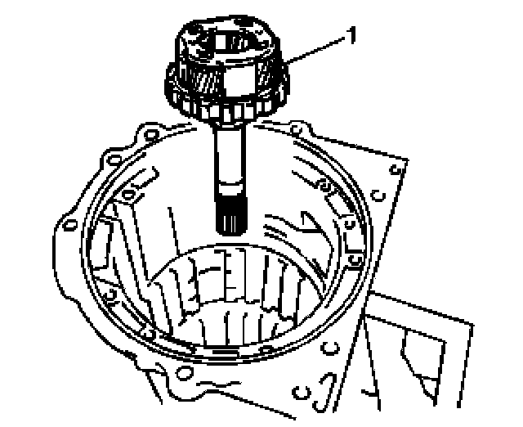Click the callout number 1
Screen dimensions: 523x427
(351, 35)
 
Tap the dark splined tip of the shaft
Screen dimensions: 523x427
(232, 216)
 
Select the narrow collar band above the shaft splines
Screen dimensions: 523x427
(230, 190)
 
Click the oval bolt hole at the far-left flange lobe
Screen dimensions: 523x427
(70, 225)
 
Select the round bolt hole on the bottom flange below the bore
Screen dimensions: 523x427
(185, 372)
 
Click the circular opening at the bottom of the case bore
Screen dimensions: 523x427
(234, 294)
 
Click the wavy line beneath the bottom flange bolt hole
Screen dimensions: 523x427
(218, 384)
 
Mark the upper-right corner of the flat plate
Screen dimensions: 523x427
(408, 159)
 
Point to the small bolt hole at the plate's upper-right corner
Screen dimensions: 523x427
(396, 169)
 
